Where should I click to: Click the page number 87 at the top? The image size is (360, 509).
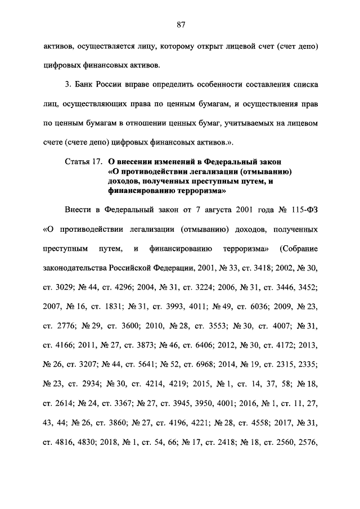(180, 24)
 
